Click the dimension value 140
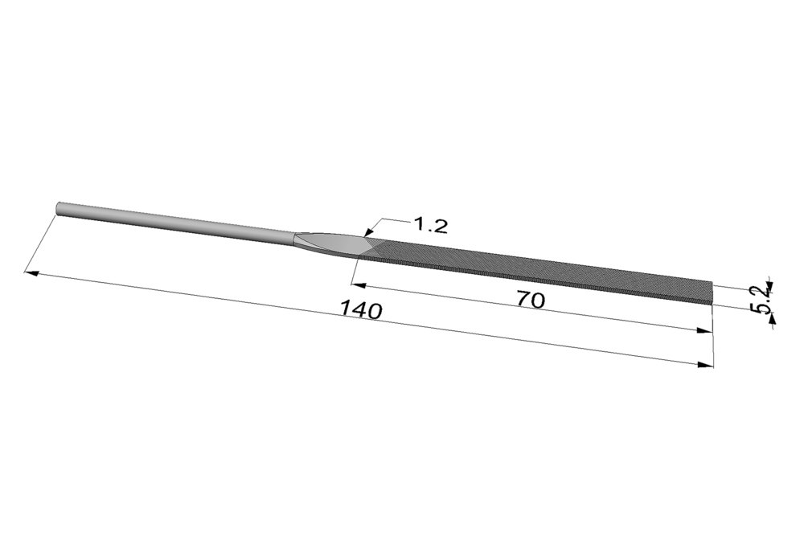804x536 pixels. tap(362, 309)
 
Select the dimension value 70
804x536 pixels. tap(530, 301)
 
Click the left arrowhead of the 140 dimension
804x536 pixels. tap(31, 272)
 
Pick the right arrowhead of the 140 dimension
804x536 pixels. tap(707, 365)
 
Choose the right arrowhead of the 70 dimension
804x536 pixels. tap(705, 331)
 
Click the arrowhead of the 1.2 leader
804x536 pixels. tap(367, 233)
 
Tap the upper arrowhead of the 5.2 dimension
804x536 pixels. tap(769, 284)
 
